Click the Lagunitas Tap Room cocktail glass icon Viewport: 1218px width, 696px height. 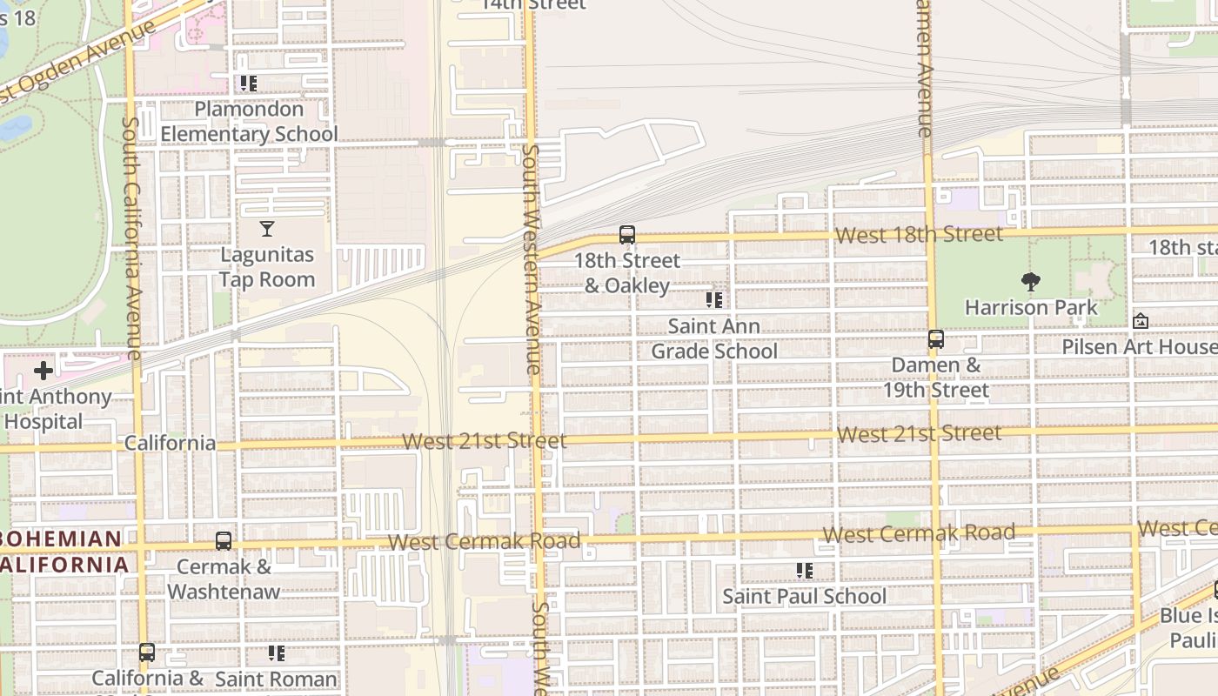[x=267, y=229]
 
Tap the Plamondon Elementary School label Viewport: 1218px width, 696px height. [x=249, y=122]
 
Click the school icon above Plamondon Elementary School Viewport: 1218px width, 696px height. [x=249, y=84]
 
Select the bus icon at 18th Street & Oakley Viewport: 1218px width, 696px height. [x=627, y=235]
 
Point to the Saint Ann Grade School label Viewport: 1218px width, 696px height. [x=714, y=338]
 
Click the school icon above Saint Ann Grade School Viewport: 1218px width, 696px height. [x=714, y=300]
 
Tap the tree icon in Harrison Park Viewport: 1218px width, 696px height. [x=1031, y=281]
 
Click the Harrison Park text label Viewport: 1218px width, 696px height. [x=1031, y=307]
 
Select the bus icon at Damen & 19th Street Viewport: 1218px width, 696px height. [x=936, y=339]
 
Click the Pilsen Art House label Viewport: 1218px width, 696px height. [x=1139, y=347]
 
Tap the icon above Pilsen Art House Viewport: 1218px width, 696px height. [x=1141, y=321]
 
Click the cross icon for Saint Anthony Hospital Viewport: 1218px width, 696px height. [x=43, y=371]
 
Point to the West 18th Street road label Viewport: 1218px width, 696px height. [x=918, y=235]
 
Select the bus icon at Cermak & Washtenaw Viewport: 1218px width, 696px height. [x=224, y=541]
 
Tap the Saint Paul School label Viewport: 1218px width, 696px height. [x=805, y=597]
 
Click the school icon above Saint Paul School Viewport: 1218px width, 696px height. [x=805, y=571]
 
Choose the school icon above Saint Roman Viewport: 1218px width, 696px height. [x=277, y=652]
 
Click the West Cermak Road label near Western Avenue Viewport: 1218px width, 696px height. [x=484, y=541]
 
